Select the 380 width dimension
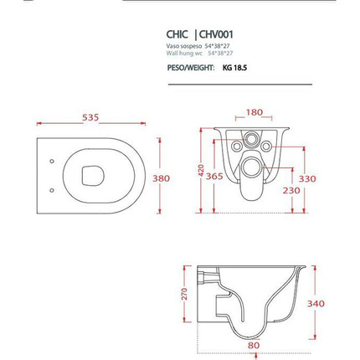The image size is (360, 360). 161,177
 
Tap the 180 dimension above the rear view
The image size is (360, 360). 254,112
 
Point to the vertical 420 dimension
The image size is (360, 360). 201,170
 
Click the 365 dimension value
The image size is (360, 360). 214,177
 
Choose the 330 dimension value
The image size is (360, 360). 308,178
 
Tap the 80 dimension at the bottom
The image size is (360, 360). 253,343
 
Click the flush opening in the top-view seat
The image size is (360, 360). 93,176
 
